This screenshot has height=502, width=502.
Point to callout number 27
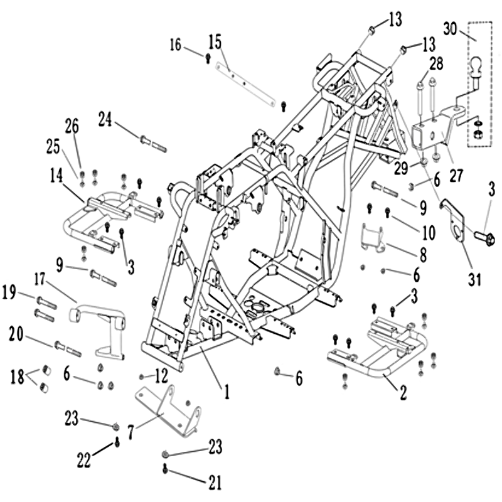tap(456, 174)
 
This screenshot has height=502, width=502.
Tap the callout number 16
tap(175, 45)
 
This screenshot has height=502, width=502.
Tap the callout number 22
tap(84, 461)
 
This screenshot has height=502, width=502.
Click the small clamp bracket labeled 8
tap(376, 240)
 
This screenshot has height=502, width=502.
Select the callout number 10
tap(428, 233)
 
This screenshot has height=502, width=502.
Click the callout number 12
tap(161, 376)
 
